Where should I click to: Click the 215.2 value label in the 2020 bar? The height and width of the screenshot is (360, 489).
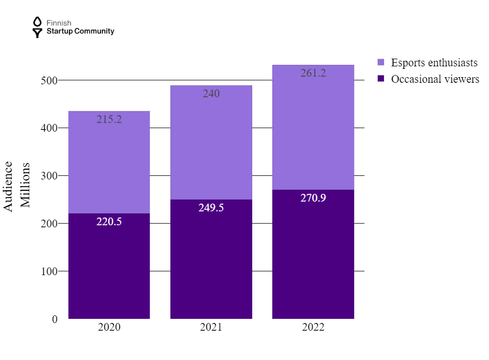[x=109, y=119]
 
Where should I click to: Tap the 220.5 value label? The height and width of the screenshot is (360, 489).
[x=109, y=222]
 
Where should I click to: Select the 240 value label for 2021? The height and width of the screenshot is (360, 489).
[x=211, y=94]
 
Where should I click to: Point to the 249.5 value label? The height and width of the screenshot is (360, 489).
[x=211, y=208]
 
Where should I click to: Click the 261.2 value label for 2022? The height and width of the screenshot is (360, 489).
[x=313, y=73]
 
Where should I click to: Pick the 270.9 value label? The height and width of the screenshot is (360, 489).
[x=313, y=198]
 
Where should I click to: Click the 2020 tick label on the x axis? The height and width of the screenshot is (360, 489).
[x=109, y=328]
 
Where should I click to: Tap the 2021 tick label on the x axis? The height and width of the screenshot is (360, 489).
[x=211, y=328]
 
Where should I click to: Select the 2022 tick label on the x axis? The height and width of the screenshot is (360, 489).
[x=313, y=328]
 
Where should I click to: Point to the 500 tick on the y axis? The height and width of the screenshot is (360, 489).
[x=49, y=80]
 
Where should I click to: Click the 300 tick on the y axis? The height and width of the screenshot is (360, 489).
[x=49, y=176]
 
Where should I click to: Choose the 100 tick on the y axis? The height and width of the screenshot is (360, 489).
[x=49, y=271]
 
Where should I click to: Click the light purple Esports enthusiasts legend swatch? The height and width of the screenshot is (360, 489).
[x=381, y=63]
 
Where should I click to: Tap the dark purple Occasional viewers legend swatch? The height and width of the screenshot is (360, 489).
[x=381, y=79]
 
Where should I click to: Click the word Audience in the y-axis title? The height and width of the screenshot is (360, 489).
[x=9, y=186]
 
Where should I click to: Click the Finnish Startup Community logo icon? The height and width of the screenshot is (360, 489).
[x=37, y=27]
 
